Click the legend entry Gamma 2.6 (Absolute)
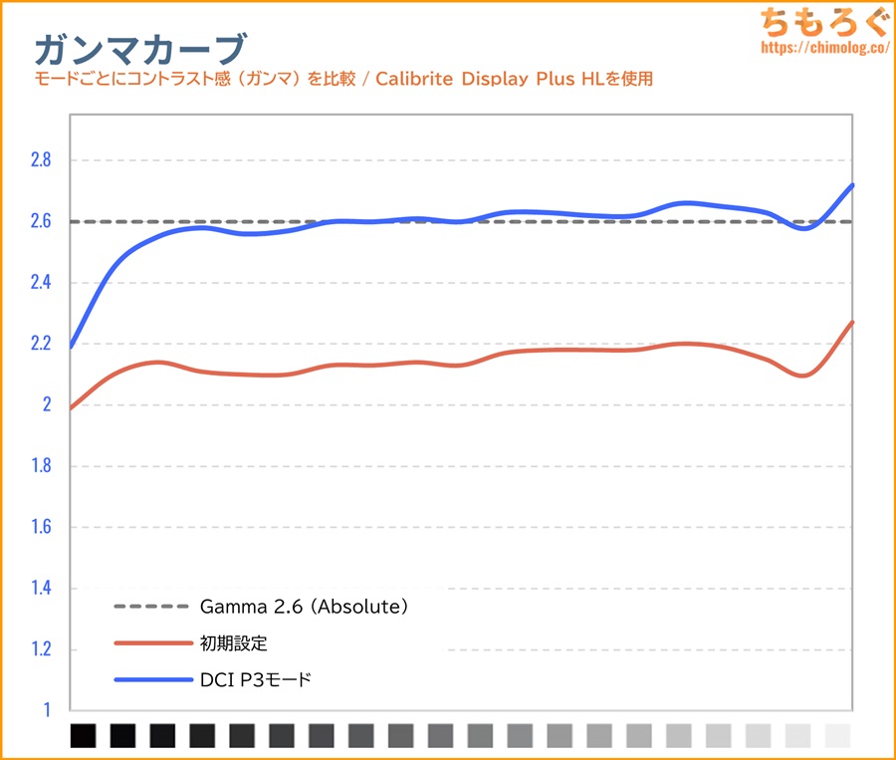coord(305,606)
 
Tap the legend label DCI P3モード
coord(256,680)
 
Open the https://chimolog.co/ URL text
coord(821,47)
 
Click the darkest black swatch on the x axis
coord(84,735)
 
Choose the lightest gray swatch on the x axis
coord(838,735)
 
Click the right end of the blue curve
coord(852,185)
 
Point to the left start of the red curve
coord(72,407)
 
